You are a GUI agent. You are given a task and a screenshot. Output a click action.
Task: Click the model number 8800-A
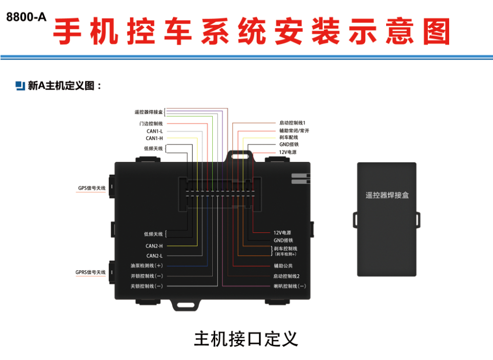coord(26,17)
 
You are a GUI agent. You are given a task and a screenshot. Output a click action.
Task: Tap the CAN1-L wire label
coord(154,131)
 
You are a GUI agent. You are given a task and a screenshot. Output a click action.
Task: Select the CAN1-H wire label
coord(154,138)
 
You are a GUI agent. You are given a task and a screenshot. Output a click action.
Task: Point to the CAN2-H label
coord(154,246)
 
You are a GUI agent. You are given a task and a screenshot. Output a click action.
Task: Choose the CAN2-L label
coord(154,256)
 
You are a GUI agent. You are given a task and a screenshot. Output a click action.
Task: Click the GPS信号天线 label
coord(92,188)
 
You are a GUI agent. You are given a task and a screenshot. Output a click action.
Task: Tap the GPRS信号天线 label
coord(91,272)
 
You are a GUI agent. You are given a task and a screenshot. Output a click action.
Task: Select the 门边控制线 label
coord(151,124)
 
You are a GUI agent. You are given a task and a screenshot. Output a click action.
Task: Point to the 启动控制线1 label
coord(292,123)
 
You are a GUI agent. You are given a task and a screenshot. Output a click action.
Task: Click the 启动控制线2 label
coord(286,276)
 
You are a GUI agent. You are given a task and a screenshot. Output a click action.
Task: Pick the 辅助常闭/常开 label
coord(294,131)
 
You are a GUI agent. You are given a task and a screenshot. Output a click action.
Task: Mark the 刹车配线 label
coord(289,138)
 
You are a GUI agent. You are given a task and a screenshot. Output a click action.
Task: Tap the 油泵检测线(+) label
coord(147,266)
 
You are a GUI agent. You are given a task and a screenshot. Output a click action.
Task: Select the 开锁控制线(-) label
coord(147,276)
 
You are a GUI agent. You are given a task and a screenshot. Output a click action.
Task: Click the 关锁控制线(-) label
coord(147,286)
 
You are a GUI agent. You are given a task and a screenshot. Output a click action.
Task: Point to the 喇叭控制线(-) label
coord(289,286)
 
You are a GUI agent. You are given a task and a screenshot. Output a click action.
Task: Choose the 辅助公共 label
coord(283,266)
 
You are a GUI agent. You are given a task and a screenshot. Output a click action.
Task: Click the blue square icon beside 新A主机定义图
coord(20,86)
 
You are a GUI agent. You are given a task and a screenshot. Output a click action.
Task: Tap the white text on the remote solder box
coord(387,195)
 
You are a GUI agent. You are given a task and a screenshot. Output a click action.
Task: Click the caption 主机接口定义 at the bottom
coord(246,339)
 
